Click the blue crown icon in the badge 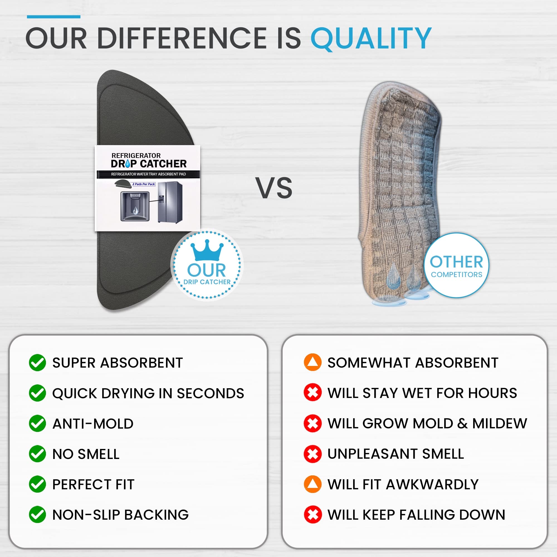pos(207,250)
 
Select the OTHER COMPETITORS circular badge pos(456,265)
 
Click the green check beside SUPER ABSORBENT pos(38,362)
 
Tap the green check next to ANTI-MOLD pos(38,423)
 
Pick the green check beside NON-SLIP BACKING pos(38,515)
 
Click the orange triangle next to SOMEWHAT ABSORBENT pos(312,362)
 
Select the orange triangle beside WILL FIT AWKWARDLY pos(312,484)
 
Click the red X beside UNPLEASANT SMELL pos(312,454)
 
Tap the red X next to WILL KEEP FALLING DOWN pos(312,515)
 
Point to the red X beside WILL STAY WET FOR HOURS pos(312,393)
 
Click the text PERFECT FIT pos(93,484)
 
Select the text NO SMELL pos(86,454)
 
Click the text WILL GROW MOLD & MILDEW pos(427,424)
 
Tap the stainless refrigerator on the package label pos(170,203)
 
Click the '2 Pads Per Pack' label pos(144,184)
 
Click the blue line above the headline pos(54,17)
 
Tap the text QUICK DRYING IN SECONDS pos(148,393)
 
